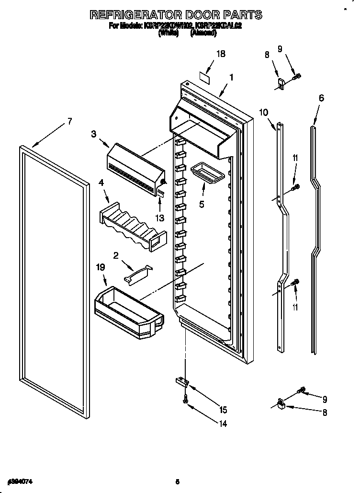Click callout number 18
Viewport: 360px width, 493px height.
[220, 54]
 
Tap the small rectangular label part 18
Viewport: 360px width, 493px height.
[205, 74]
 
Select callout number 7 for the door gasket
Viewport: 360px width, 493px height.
[69, 121]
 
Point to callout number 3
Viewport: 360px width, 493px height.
[94, 136]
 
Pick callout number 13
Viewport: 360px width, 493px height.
[159, 218]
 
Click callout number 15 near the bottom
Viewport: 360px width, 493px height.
[223, 410]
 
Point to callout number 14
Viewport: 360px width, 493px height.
[223, 424]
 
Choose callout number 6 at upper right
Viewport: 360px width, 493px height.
[321, 98]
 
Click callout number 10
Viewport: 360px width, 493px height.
[263, 113]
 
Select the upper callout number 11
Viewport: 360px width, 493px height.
[295, 158]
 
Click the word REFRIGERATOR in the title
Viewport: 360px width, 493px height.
[139, 15]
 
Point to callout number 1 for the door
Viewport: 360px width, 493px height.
[231, 77]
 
